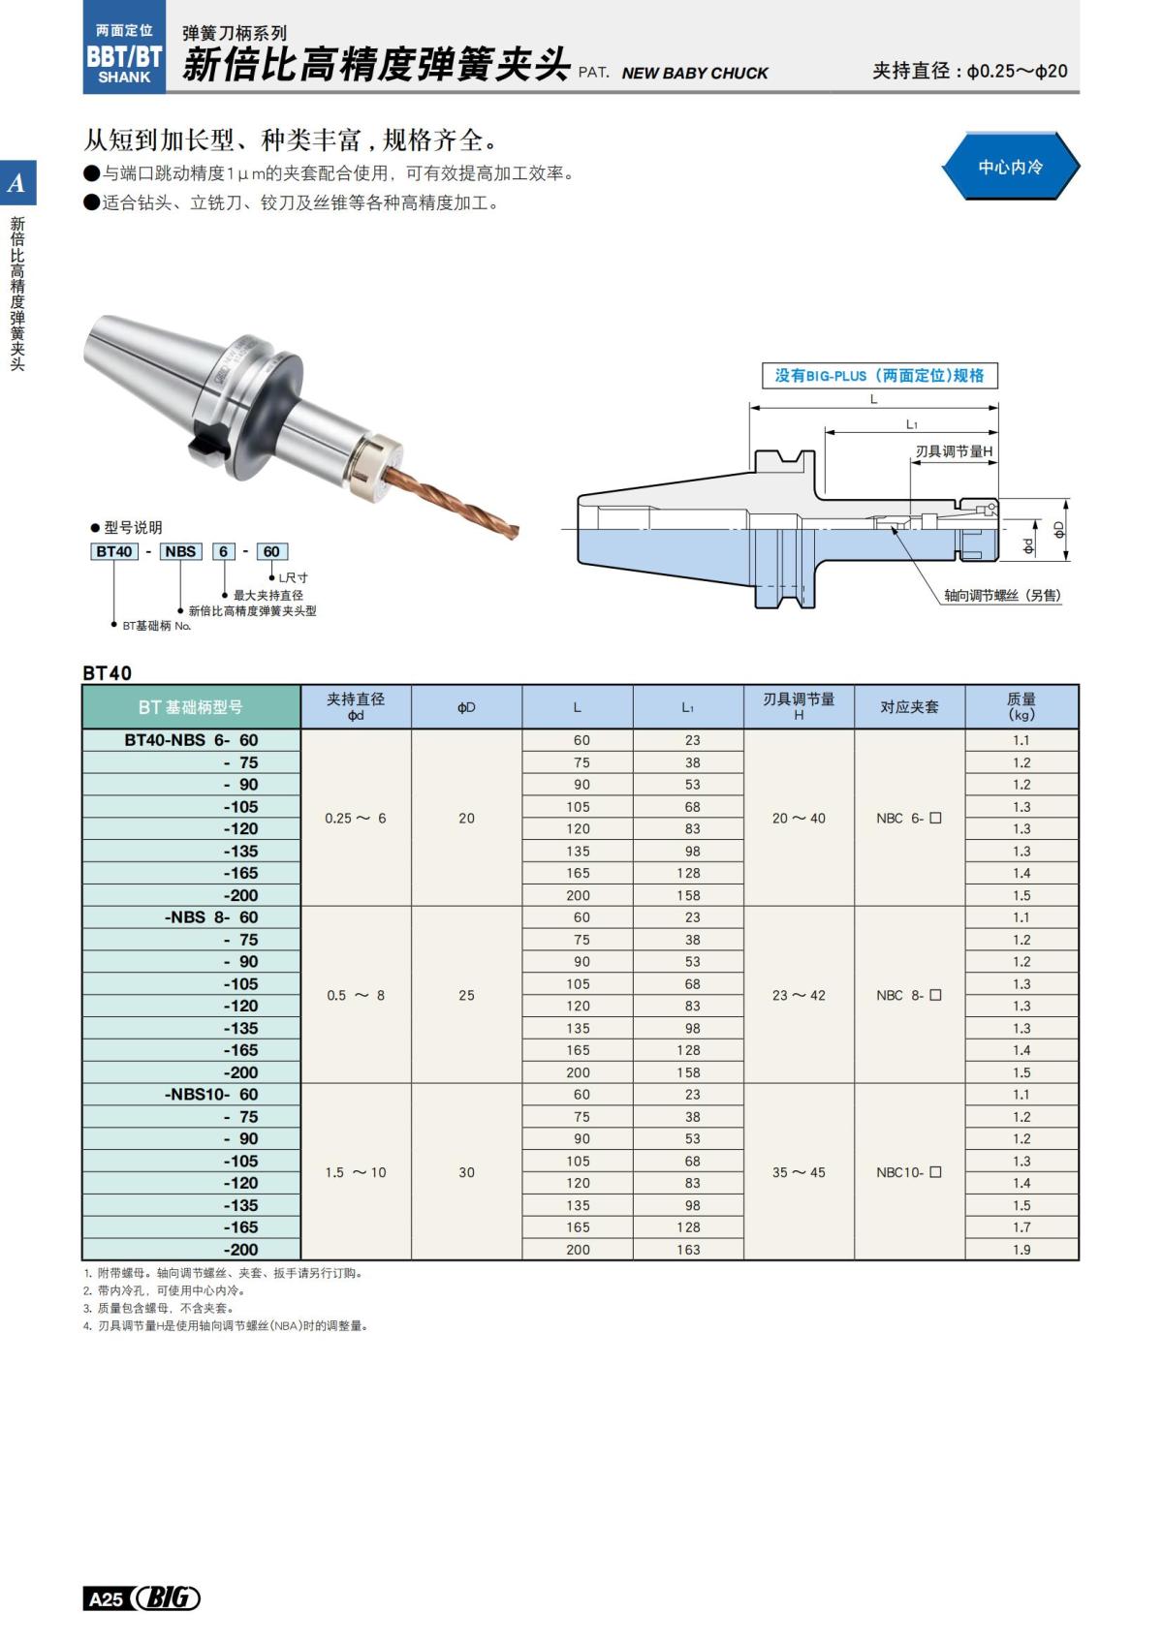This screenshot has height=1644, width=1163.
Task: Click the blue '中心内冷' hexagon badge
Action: coord(1010,167)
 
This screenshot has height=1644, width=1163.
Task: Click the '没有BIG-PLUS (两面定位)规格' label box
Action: coord(879,375)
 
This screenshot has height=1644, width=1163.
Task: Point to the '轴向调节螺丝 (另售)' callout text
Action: coord(1002,595)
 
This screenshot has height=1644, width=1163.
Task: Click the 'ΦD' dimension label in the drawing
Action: coord(1058,529)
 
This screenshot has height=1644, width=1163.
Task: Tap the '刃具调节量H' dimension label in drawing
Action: coord(954,451)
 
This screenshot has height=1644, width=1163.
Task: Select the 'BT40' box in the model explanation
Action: coord(114,551)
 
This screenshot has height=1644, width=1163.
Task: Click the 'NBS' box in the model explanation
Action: coord(180,551)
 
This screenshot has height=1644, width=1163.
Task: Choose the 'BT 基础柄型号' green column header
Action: coord(191,707)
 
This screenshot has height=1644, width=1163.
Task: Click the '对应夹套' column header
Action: coord(909,707)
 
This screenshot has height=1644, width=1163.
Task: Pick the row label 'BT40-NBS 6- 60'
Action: coord(191,740)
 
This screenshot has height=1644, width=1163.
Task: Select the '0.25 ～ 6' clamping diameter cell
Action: coord(356,818)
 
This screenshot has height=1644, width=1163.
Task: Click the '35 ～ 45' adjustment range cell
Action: coord(799,1172)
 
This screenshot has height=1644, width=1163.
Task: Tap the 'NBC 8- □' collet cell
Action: coord(909,995)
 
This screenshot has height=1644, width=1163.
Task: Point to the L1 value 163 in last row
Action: coord(688,1250)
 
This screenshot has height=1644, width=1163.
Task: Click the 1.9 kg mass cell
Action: coord(1022,1250)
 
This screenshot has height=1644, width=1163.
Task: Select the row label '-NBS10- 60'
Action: coord(210,1095)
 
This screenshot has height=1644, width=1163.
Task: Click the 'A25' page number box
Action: coord(106,1598)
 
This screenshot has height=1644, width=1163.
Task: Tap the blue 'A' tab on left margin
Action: coord(17,183)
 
